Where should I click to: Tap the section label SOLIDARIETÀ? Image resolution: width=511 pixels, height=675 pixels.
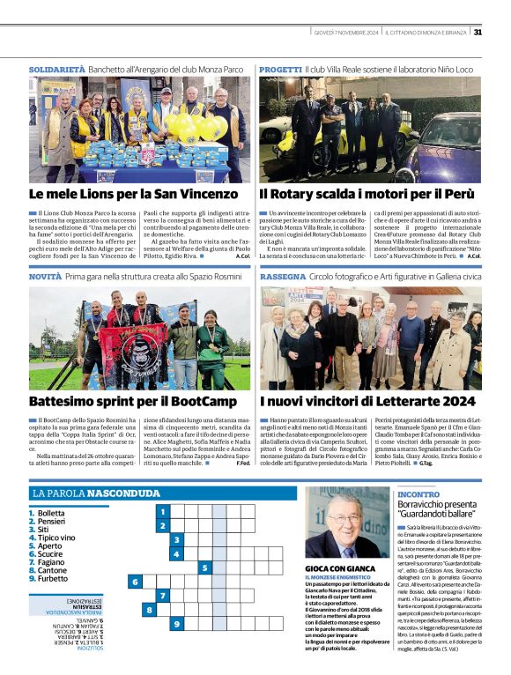pos(57,68)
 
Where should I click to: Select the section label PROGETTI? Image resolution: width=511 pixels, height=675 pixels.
pos(280,68)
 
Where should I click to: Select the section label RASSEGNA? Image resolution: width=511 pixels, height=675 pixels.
pos(282,277)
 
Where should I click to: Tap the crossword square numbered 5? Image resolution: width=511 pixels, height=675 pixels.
pos(205,567)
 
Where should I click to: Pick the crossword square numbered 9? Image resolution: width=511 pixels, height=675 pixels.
pos(177,624)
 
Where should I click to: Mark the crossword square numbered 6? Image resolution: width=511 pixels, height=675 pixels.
pos(135,582)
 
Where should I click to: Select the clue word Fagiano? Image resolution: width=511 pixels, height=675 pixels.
pos(52,561)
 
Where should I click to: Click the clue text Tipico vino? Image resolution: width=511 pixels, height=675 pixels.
pos(56,537)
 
